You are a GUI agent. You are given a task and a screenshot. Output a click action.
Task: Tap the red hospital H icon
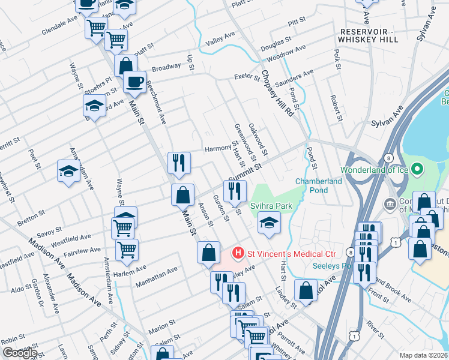pos(238,253)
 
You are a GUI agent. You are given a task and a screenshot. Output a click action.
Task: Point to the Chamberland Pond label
pos(320,185)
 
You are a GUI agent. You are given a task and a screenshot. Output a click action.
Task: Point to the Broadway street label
pos(166,67)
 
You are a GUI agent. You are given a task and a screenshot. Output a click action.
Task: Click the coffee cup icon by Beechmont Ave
pos(134,80)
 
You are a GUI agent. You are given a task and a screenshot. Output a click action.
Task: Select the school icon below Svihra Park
pos(268,224)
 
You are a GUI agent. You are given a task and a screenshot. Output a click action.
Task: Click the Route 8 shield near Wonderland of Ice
pos(389,158)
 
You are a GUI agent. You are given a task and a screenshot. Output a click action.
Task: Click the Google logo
pos(20,353)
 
